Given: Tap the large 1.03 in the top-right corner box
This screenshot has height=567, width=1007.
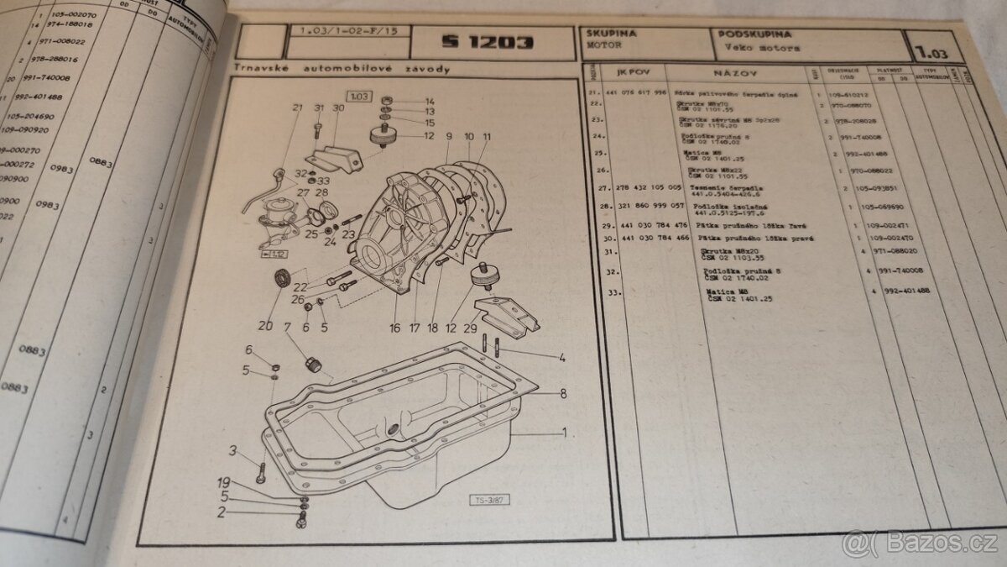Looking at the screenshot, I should click(x=932, y=53).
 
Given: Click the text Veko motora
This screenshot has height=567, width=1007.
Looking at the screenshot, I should click(x=760, y=48).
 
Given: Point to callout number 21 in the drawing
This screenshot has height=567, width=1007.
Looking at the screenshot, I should click(x=297, y=108).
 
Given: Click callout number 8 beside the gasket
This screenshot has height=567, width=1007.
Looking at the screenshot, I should click(x=563, y=392).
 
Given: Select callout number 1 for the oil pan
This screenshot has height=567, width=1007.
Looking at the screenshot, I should click(x=565, y=433).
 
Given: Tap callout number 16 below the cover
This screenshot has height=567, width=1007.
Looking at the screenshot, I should click(x=394, y=328).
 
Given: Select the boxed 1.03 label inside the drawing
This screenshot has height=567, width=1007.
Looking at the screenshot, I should click(x=360, y=97).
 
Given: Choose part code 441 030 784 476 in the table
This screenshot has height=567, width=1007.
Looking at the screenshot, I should click(x=655, y=226).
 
